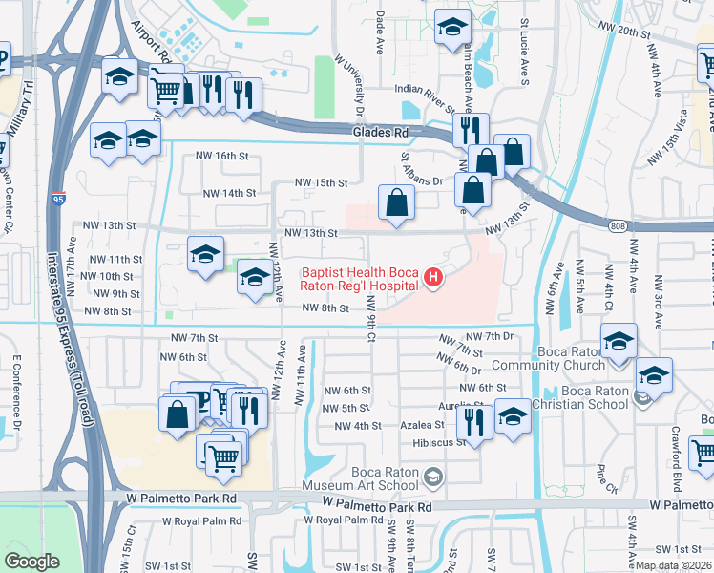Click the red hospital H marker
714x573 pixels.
click(433, 278)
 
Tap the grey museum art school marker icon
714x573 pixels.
click(432, 477)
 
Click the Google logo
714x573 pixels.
click(31, 562)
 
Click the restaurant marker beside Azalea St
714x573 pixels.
click(476, 419)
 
